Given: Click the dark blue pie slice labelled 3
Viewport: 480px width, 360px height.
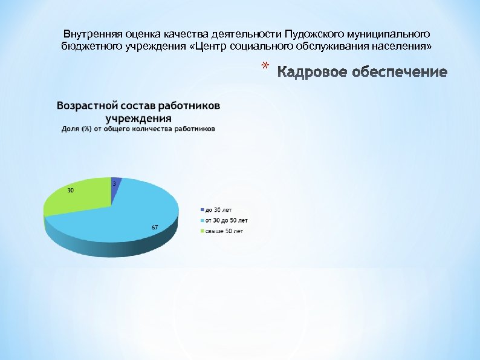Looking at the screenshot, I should pyautogui.click(x=116, y=184).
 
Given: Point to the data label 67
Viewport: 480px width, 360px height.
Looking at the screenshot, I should pyautogui.click(x=155, y=227).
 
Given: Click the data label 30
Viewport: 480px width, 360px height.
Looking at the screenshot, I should pyautogui.click(x=71, y=191).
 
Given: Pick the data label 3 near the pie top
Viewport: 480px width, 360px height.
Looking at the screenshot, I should pyautogui.click(x=114, y=183).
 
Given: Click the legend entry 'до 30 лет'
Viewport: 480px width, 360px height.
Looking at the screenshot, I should pyautogui.click(x=218, y=209).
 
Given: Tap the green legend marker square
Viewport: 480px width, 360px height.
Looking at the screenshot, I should pyautogui.click(x=203, y=231).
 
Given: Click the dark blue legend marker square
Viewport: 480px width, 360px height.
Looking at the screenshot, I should pyautogui.click(x=203, y=209).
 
